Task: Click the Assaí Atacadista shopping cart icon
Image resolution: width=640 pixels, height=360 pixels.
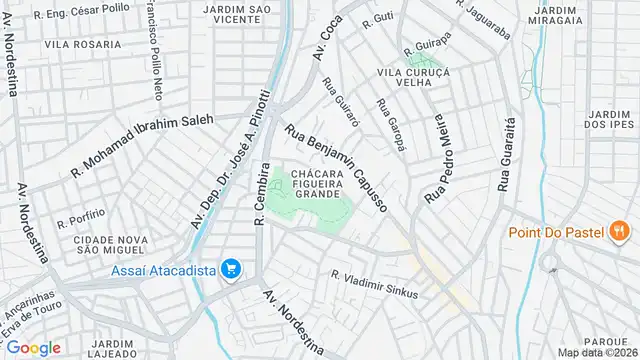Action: click(231, 268)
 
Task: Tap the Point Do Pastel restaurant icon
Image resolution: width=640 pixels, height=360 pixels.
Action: click(620, 232)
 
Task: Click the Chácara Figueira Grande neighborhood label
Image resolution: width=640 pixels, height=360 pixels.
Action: click(319, 184)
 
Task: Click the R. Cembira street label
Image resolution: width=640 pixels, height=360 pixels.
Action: click(262, 192)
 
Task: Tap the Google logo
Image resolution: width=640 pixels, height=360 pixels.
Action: click(33, 347)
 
